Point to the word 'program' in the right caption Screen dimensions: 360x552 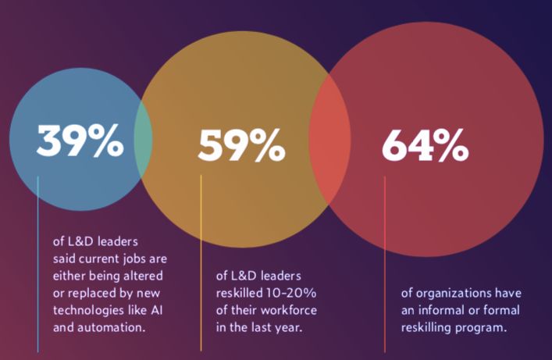[x=484, y=328]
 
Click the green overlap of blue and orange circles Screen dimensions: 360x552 [x=143, y=141]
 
